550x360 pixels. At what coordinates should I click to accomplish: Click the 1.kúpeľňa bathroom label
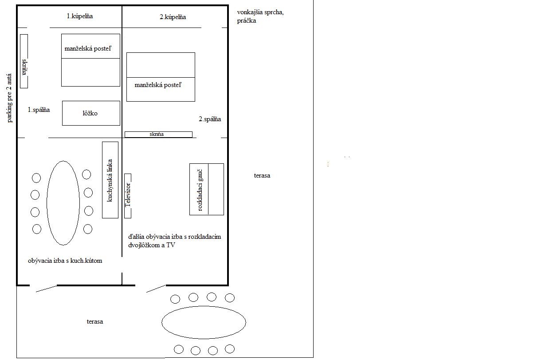pyautogui.click(x=80, y=16)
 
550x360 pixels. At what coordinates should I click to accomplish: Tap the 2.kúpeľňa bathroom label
pyautogui.click(x=173, y=17)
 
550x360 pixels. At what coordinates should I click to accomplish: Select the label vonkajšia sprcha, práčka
pyautogui.click(x=260, y=16)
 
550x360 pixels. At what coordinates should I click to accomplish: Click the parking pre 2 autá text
pyautogui.click(x=9, y=98)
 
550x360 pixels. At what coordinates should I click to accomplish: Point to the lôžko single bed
pyautogui.click(x=91, y=113)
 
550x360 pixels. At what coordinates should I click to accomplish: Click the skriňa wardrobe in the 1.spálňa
pyautogui.click(x=24, y=61)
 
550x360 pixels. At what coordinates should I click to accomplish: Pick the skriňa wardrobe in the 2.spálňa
pyautogui.click(x=158, y=135)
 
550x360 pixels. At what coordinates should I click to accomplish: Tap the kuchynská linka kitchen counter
pyautogui.click(x=110, y=180)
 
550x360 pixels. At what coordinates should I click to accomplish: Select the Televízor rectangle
pyautogui.click(x=128, y=196)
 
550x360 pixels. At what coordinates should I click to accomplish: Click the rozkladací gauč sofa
pyautogui.click(x=207, y=189)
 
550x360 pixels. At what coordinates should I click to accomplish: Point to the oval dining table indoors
pyautogui.click(x=63, y=203)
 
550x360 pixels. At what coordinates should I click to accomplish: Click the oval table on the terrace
pyautogui.click(x=204, y=322)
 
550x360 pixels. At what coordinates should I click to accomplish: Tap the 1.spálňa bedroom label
pyautogui.click(x=39, y=110)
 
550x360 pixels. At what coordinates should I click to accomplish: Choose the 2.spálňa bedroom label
pyautogui.click(x=210, y=119)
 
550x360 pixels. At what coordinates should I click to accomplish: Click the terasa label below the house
pyautogui.click(x=95, y=322)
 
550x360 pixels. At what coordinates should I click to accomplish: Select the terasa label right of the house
pyautogui.click(x=262, y=175)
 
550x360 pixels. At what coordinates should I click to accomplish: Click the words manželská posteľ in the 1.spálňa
pyautogui.click(x=88, y=48)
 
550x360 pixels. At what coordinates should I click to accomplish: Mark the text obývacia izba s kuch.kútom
pyautogui.click(x=65, y=261)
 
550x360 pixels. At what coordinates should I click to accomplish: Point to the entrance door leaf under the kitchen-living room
pyautogui.click(x=47, y=289)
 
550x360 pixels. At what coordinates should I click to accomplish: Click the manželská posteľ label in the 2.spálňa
pyautogui.click(x=158, y=85)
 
